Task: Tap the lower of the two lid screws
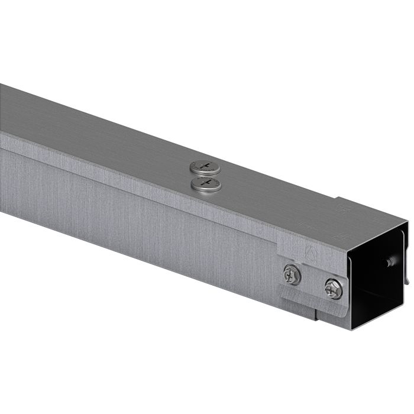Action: [205, 185]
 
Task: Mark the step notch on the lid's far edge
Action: [338, 198]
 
